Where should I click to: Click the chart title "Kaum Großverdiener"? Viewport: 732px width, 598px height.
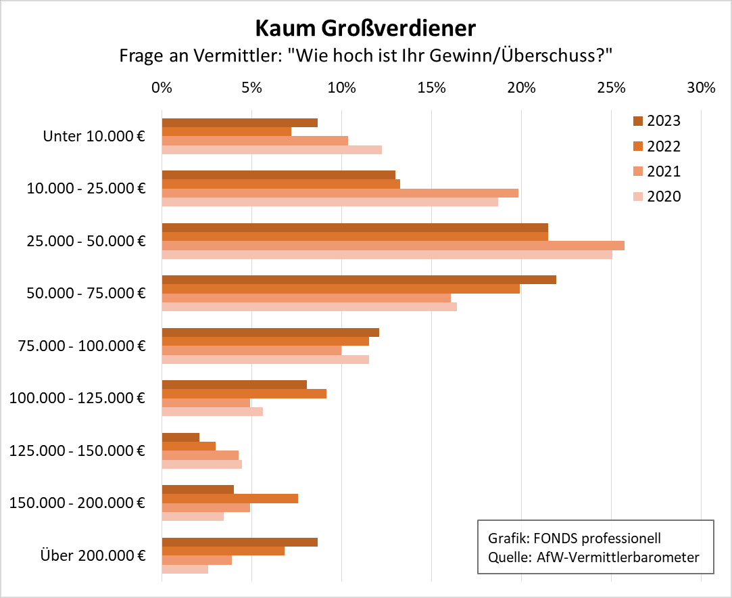click(x=365, y=28)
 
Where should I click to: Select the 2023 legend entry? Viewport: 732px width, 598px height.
click(x=656, y=121)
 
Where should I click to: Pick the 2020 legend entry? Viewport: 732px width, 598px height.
click(x=656, y=197)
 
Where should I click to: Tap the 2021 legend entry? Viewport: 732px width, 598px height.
click(x=656, y=172)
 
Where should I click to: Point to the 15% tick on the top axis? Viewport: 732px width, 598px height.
click(x=431, y=88)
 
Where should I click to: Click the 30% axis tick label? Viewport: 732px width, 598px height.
click(x=701, y=88)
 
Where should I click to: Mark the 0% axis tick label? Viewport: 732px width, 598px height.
click(x=162, y=88)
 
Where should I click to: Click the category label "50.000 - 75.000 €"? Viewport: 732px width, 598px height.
click(x=87, y=294)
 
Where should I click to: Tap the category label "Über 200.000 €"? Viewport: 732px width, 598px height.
click(x=93, y=556)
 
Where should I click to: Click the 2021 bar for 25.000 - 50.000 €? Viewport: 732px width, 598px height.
click(x=393, y=246)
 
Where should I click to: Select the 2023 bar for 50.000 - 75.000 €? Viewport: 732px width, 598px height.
click(x=358, y=279)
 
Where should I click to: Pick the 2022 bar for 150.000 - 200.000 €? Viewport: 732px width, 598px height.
click(x=230, y=499)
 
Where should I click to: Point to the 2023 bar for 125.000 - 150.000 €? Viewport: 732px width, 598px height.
click(x=180, y=437)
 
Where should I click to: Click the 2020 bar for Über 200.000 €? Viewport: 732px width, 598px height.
click(x=185, y=569)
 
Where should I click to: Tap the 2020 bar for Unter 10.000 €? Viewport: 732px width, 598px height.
click(x=272, y=149)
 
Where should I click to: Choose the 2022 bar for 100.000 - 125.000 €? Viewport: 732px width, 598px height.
click(x=244, y=394)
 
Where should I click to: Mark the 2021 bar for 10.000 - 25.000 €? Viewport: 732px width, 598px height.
click(x=340, y=193)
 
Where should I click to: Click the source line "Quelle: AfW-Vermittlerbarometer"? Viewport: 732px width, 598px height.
click(x=593, y=557)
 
